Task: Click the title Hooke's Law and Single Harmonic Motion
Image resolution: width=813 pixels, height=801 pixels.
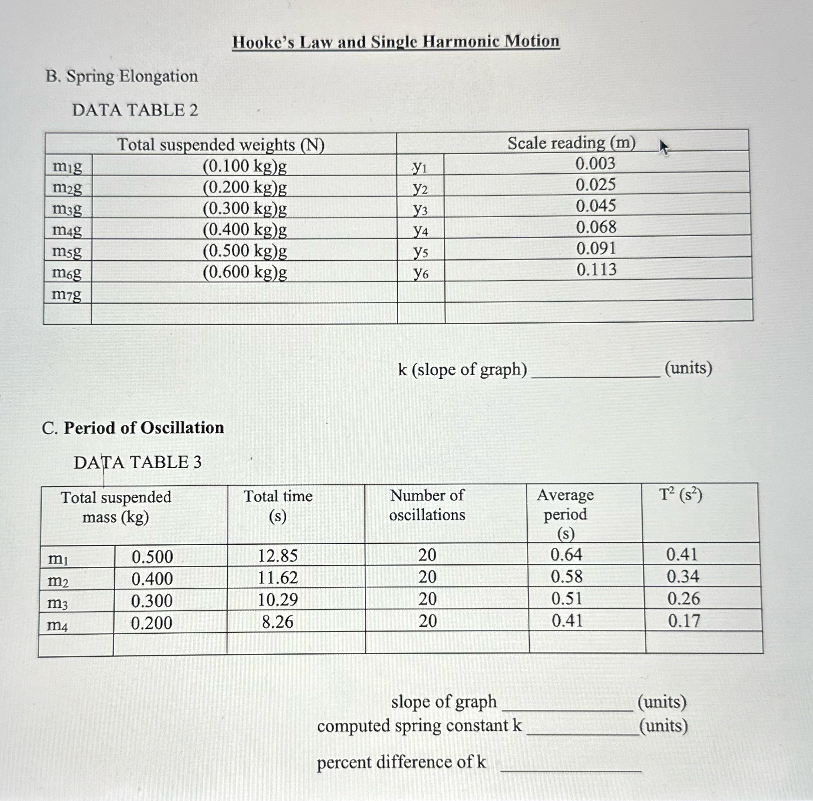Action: pos(396,42)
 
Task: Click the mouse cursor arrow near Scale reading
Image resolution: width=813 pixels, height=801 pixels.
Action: pos(663,147)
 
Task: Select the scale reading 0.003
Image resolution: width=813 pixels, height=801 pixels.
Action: pos(595,164)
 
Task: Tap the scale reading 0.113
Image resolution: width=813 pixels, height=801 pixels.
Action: pos(596,270)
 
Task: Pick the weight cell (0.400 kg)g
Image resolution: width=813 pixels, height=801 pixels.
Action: pos(245,230)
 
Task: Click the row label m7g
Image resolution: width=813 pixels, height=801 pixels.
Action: pos(66,295)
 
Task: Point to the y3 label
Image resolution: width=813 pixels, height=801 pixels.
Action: pos(420,210)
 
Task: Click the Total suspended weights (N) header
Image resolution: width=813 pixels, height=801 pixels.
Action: pos(221,145)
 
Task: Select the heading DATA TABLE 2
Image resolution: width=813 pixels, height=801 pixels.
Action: pos(135,110)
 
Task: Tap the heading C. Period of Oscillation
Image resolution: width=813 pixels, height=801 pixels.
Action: pos(133,428)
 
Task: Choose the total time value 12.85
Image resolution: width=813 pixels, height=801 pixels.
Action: pos(278,556)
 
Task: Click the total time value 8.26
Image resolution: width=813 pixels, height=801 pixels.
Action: pos(278,622)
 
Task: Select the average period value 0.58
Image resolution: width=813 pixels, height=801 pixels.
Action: pos(566,577)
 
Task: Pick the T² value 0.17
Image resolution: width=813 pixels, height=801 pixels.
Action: pos(684,621)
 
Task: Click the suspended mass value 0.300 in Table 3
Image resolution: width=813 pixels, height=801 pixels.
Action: pos(152,601)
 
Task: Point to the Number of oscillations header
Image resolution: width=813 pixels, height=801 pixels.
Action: pos(427,505)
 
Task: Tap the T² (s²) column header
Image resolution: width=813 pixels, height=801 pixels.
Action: pos(680,495)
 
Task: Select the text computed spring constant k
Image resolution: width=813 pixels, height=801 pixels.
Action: pos(419,726)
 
